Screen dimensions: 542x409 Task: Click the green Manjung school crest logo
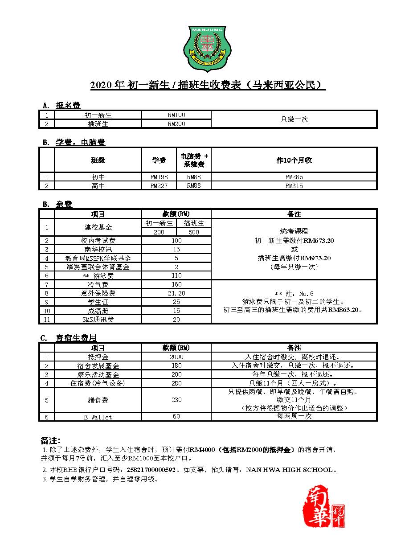coord(204,49)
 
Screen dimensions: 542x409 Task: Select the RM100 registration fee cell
coord(176,115)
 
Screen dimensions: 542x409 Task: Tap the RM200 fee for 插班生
coord(176,124)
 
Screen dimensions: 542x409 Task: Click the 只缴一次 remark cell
coord(294,119)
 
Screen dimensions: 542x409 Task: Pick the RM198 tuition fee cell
coord(159,177)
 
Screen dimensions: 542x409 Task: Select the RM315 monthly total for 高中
coord(294,186)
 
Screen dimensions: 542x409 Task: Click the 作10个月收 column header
coord(294,160)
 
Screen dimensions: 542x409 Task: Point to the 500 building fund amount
coord(194,232)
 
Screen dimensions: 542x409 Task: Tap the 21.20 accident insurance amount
coord(176,293)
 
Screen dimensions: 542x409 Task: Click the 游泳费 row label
coord(98,275)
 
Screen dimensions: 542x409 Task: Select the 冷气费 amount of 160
coord(176,284)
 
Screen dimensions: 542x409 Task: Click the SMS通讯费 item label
coord(98,320)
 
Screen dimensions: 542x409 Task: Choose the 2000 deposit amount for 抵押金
coord(176,357)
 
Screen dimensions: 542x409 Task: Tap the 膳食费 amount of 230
coord(176,400)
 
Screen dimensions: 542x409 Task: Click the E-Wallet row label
coord(98,417)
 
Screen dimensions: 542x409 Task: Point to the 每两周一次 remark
coord(294,416)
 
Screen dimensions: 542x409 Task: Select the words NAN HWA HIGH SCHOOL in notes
coord(289,470)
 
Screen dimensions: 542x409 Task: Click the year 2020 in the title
coord(102,85)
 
